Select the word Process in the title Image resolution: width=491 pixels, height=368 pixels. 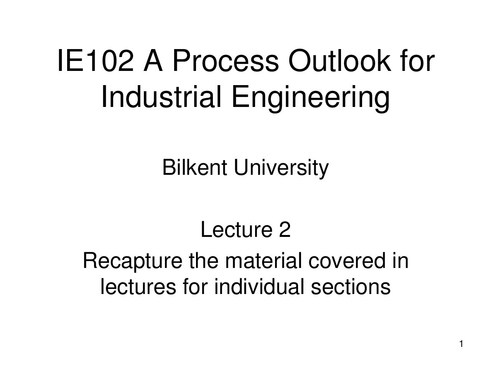226,61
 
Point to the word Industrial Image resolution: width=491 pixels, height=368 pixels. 161,97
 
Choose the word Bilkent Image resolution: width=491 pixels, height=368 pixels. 194,168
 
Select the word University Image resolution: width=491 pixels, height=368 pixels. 281,169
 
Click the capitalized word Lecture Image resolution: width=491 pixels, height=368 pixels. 237,229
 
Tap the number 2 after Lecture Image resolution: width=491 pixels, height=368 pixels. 285,229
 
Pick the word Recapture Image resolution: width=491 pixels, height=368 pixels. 133,262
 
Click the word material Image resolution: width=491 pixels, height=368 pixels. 264,261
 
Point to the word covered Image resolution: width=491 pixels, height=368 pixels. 347,261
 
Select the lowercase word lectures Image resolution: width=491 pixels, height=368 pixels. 138,287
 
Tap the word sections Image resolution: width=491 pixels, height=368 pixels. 351,287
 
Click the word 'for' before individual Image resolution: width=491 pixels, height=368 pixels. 195,287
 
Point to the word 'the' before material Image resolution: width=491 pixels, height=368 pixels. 204,261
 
